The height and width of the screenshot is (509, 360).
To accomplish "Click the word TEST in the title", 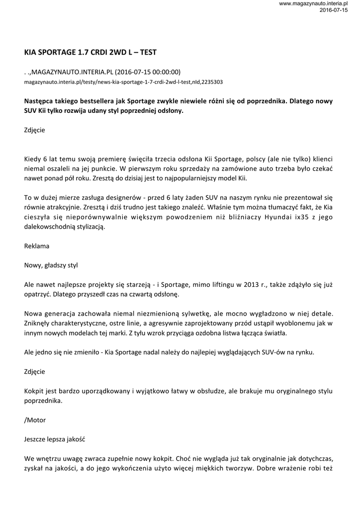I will (x=147, y=52).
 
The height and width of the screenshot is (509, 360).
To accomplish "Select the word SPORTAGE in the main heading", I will (x=56, y=52).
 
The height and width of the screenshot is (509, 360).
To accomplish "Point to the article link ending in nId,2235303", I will (x=123, y=82).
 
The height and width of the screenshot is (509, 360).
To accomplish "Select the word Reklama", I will (x=37, y=246).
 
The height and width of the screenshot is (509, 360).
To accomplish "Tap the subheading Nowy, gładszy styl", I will (x=51, y=265).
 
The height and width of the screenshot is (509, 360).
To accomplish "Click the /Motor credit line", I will (x=35, y=420).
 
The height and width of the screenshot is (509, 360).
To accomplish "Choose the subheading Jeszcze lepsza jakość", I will (x=57, y=439).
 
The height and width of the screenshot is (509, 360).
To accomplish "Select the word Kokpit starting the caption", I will (x=34, y=391).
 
